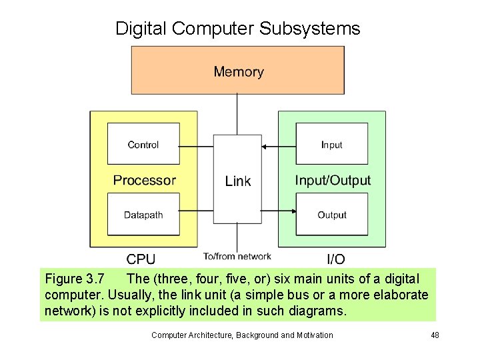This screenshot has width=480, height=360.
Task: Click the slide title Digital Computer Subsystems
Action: pyautogui.click(x=237, y=29)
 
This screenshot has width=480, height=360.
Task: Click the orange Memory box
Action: pyautogui.click(x=238, y=71)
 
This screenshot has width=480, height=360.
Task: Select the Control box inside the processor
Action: pyautogui.click(x=143, y=144)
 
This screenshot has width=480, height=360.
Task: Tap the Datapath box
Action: pyautogui.click(x=143, y=214)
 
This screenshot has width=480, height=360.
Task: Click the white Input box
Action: pyautogui.click(x=331, y=144)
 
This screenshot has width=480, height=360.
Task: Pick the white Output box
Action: pyautogui.click(x=331, y=214)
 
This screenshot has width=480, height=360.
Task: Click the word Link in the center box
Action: pyautogui.click(x=238, y=181)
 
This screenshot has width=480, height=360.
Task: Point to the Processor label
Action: pyautogui.click(x=144, y=180)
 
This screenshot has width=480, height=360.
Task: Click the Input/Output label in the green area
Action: pyautogui.click(x=333, y=180)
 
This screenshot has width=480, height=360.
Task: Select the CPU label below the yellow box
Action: pyautogui.click(x=141, y=259)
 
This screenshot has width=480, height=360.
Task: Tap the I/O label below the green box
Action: pyautogui.click(x=335, y=259)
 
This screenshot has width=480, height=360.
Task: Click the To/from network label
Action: pyautogui.click(x=237, y=256)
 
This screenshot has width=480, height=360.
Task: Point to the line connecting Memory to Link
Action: pyautogui.click(x=237, y=114)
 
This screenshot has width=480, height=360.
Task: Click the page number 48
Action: pyautogui.click(x=435, y=335)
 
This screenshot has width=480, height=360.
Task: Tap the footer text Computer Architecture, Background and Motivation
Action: pyautogui.click(x=242, y=335)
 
